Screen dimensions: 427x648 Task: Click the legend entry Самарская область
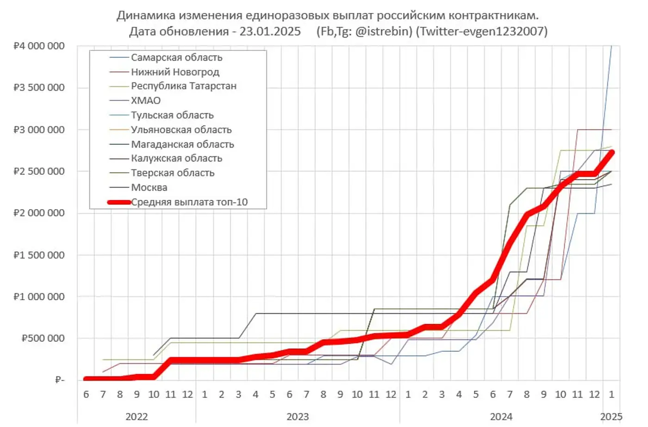coord(176,57)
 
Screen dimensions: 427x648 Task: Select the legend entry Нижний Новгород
coord(175,72)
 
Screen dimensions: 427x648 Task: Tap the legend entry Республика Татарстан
coord(183,86)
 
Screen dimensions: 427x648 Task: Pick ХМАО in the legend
coord(145,100)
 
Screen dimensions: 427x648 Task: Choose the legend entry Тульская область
coord(172,115)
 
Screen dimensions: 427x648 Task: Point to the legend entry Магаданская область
coord(182,144)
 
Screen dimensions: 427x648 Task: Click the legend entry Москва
coord(149,187)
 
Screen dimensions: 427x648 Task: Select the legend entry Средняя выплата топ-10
coord(189,202)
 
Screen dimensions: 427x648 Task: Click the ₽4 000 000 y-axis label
coord(39,46)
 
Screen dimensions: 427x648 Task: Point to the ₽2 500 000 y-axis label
coord(39,171)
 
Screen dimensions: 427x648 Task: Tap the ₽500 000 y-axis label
coord(43,338)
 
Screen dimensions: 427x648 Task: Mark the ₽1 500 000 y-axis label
coord(39,255)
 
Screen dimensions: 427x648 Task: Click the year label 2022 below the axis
coord(137,416)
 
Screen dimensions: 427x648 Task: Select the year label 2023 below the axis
coord(298,416)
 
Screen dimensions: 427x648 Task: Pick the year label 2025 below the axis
coord(611,416)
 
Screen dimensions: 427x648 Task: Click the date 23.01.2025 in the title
coord(270,31)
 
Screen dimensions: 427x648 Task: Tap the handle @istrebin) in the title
coord(383,31)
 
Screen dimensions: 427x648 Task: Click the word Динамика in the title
coord(146,15)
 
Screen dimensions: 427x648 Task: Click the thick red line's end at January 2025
coord(611,152)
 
